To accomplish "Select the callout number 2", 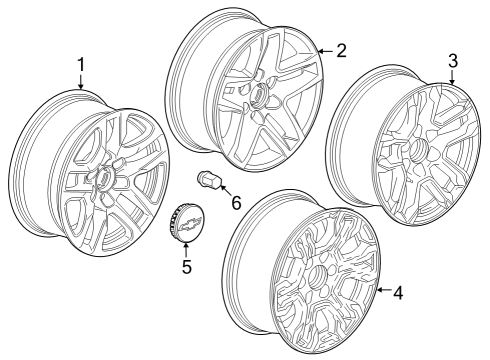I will pyautogui.click(x=341, y=50).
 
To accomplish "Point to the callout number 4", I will pyautogui.click(x=399, y=293).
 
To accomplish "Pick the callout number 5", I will pyautogui.click(x=185, y=267).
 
